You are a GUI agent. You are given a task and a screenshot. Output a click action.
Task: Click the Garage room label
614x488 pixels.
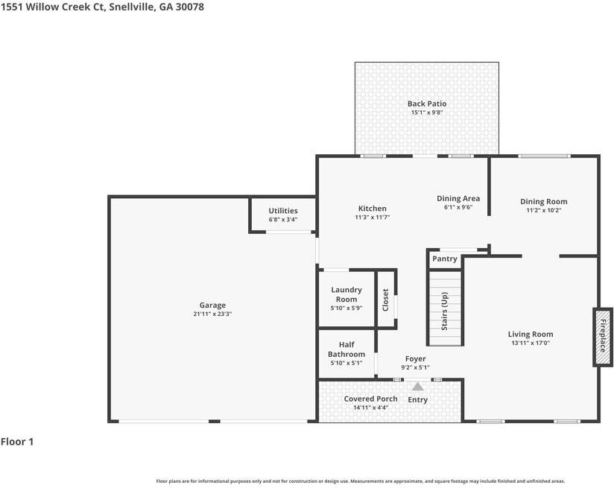(x=212, y=305)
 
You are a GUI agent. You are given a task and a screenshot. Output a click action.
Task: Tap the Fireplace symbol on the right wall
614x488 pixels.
(x=603, y=337)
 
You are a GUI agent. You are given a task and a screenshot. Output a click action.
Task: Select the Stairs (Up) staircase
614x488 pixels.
(x=445, y=308)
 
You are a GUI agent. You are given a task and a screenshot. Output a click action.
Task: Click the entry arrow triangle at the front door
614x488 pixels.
(x=417, y=387)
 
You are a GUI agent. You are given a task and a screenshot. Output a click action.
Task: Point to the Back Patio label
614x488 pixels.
(x=426, y=104)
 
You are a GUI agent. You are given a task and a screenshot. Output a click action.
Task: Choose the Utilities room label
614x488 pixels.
(x=283, y=211)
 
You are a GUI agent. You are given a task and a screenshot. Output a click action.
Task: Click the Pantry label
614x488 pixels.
(x=445, y=259)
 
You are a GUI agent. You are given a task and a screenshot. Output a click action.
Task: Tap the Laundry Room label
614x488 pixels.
(x=346, y=294)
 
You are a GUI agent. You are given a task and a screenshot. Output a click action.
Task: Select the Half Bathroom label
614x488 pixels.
(x=346, y=349)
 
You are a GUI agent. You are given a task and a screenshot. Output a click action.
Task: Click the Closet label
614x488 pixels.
(x=386, y=300)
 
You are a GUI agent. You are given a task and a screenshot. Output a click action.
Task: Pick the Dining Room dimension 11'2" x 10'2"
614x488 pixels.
(x=543, y=211)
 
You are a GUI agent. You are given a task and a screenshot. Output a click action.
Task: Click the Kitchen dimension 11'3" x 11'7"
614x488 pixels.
(x=372, y=218)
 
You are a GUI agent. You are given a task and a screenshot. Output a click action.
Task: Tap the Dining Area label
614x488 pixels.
(x=458, y=198)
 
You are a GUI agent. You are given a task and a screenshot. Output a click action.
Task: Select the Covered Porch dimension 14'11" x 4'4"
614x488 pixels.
(x=370, y=408)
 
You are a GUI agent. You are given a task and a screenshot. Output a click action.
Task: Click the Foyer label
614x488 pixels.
(x=415, y=359)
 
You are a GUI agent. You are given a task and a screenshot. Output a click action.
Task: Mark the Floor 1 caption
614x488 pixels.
(x=17, y=442)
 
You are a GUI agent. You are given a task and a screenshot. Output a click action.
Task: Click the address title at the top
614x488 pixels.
(x=102, y=7)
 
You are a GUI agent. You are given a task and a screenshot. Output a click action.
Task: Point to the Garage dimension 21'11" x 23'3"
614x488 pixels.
(x=212, y=314)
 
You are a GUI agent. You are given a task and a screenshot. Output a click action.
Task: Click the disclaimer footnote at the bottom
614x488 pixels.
(x=360, y=481)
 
